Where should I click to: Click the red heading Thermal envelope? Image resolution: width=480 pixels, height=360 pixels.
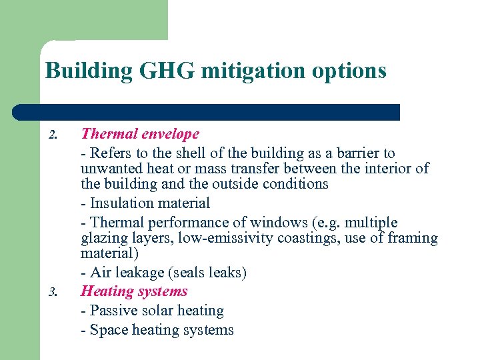tap(140, 134)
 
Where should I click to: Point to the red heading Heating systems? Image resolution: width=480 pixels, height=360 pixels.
tap(134, 291)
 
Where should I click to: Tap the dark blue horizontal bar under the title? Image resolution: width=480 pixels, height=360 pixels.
tap(207, 112)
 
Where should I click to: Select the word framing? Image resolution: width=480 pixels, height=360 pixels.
tap(411, 238)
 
